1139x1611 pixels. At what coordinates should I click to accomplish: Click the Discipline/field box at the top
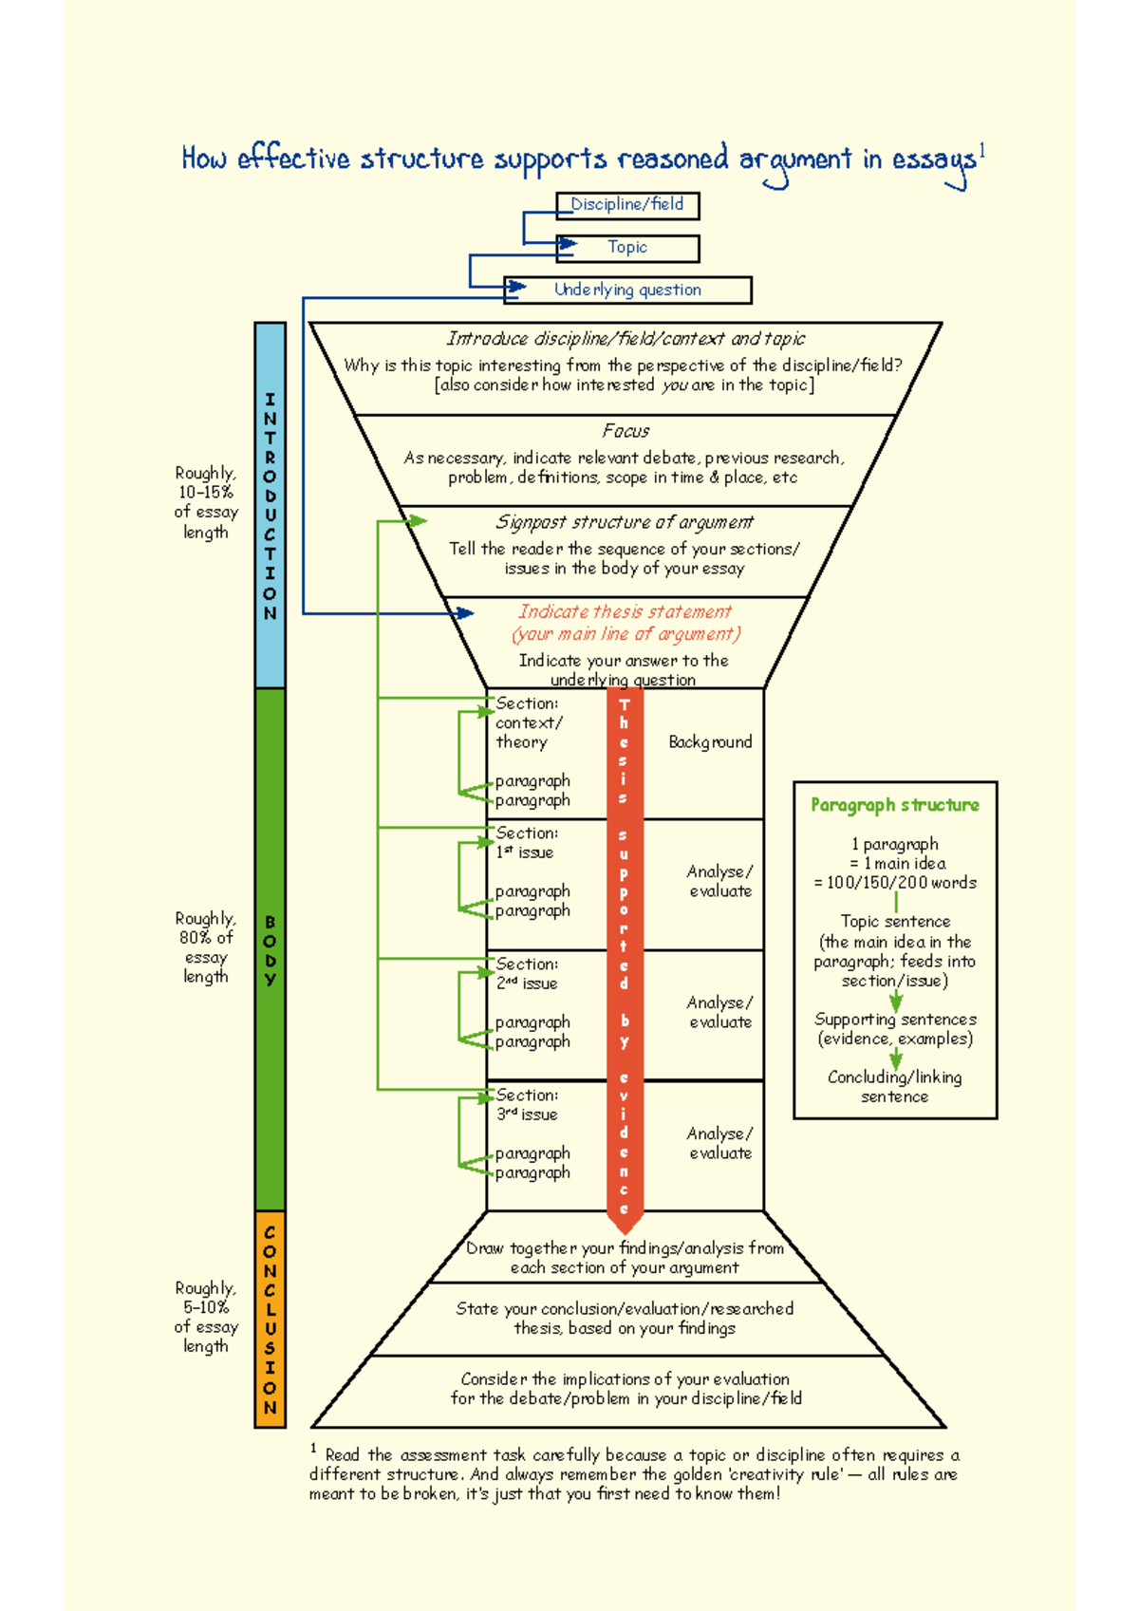point(627,205)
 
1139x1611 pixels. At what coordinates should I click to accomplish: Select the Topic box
point(627,248)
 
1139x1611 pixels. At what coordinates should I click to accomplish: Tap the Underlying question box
point(627,290)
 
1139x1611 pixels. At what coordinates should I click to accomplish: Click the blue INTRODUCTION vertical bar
point(271,505)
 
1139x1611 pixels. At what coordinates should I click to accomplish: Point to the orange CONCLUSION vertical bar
point(271,1319)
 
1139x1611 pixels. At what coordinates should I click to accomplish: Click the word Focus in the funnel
point(626,431)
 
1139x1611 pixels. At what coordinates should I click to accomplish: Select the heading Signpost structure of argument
point(625,522)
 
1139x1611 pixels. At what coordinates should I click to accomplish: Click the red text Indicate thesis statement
point(625,612)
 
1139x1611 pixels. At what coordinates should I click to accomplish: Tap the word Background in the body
point(710,742)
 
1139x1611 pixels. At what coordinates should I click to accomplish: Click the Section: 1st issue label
point(527,843)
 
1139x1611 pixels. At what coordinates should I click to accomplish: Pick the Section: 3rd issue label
point(527,1105)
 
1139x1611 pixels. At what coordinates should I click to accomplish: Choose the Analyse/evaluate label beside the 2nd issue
point(720,1012)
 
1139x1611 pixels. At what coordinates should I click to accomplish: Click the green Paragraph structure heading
point(894,805)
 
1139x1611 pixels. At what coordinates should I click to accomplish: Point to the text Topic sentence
point(895,922)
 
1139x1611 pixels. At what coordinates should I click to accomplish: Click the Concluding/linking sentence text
point(894,1087)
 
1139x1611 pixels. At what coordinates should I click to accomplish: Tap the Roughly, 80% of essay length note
point(205,947)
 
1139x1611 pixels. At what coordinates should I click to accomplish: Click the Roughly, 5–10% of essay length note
point(205,1317)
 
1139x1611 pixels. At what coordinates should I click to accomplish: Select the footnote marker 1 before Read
point(313,1449)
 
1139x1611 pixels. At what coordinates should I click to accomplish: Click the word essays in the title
point(933,160)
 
